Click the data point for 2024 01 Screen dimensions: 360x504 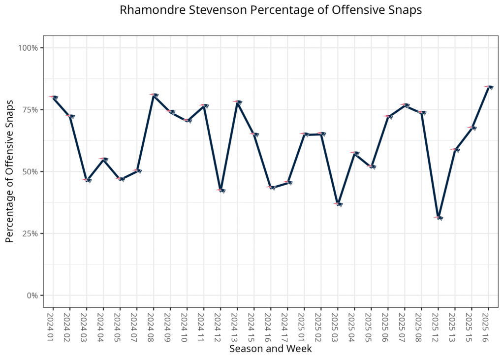[x=53, y=97]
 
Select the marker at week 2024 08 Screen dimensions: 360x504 [x=154, y=95]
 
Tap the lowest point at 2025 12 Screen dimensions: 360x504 [x=439, y=217]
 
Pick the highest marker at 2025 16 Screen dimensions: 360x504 [x=489, y=87]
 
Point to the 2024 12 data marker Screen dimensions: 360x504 [x=220, y=190]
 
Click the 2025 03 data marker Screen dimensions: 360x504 [x=338, y=204]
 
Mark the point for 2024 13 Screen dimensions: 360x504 [x=237, y=102]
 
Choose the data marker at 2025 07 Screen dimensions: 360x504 [x=405, y=105]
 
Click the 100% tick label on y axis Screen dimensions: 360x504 [x=28, y=48]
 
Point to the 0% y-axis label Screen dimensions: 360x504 [x=31, y=295]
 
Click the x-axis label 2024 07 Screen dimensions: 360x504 [x=137, y=325]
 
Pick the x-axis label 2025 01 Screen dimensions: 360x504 [x=304, y=325]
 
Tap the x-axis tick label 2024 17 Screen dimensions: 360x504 [x=287, y=325]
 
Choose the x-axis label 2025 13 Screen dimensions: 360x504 [x=455, y=325]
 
